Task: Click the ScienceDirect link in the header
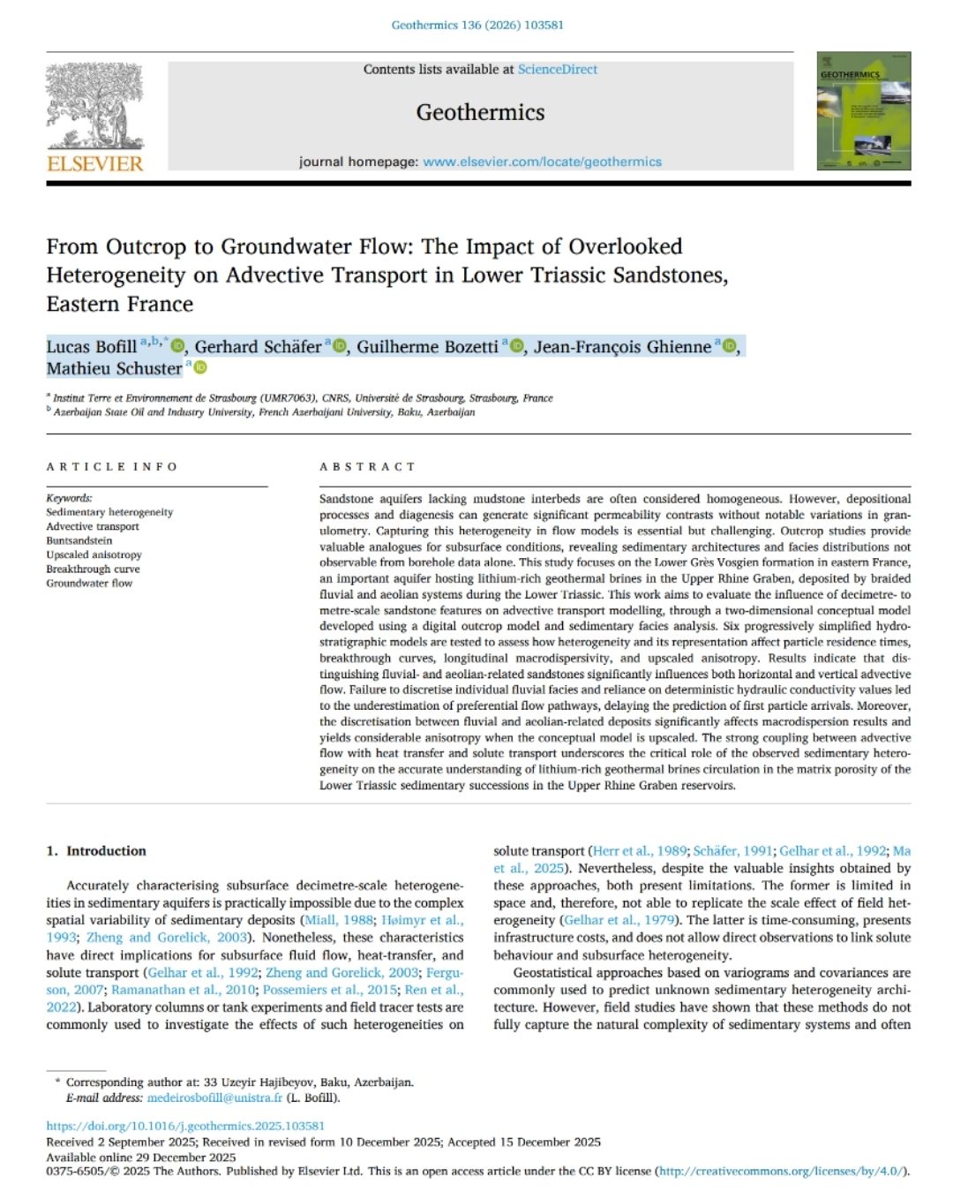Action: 557,69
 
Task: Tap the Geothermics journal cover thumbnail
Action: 863,111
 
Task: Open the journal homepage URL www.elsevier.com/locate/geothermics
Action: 542,162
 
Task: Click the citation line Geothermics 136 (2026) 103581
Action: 477,25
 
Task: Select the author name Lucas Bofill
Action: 91,347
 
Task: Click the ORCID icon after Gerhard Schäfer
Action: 341,346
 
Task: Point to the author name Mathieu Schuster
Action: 114,369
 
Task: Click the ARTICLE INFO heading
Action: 112,466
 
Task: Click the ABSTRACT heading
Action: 367,466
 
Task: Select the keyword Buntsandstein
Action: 79,540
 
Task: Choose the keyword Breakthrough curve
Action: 93,569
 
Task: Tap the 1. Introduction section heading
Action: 96,851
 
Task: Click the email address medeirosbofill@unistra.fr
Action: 214,1098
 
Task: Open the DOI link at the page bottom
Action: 185,1126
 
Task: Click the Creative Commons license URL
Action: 781,1171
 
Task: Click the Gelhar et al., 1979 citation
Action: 618,920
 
